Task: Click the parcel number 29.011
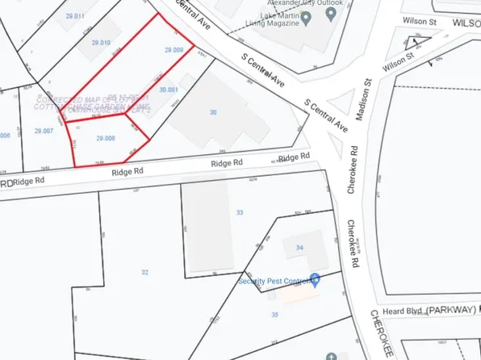(75, 16)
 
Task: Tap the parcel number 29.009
(174, 50)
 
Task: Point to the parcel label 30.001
(169, 90)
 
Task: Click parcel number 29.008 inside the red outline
(107, 139)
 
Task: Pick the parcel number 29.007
(44, 130)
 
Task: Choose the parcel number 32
(145, 273)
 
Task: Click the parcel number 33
(240, 212)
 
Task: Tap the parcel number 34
(300, 247)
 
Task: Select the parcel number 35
(274, 314)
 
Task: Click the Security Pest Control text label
(274, 281)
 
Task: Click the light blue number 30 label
(214, 112)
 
